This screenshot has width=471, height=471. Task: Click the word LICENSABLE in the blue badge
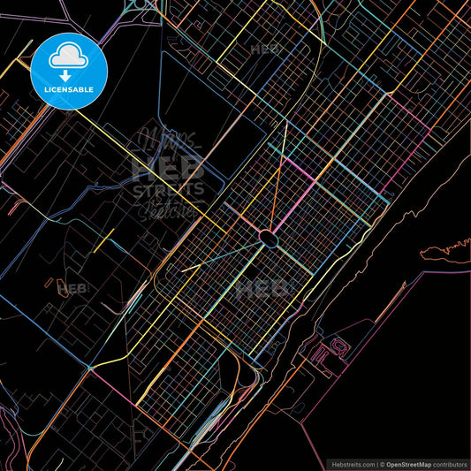click(68, 90)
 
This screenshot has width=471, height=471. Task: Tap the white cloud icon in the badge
click(68, 57)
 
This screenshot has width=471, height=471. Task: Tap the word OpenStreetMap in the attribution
click(414, 464)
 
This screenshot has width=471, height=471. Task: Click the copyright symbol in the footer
click(382, 464)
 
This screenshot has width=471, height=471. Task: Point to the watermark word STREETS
click(168, 189)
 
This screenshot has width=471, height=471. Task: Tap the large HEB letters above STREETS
click(168, 166)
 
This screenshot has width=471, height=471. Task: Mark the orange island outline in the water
click(442, 252)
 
